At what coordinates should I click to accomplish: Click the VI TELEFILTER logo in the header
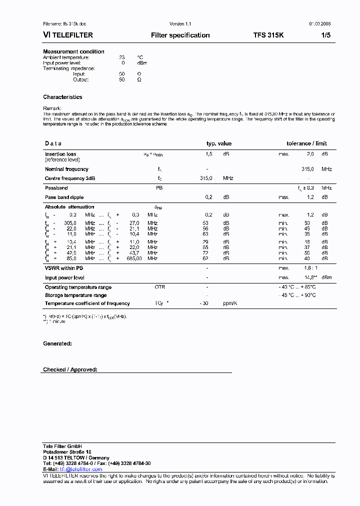68,35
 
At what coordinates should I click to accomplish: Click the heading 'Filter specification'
180,35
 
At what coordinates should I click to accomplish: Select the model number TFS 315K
268,35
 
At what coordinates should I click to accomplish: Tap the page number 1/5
325,35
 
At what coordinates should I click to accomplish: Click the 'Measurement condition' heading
73,51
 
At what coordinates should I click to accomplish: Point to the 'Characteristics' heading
62,97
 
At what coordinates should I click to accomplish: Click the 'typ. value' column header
219,143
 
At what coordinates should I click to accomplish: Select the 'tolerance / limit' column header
306,143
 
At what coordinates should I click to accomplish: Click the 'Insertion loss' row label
60,154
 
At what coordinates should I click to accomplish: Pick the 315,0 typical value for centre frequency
206,178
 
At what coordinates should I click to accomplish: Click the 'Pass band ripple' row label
64,197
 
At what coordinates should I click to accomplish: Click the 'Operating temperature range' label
78,287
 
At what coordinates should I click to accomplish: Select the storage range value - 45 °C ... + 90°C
297,295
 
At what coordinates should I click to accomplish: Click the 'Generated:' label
57,343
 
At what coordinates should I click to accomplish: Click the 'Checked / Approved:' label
70,369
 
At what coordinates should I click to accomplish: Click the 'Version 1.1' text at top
180,23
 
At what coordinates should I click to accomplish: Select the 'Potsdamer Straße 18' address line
67,451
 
